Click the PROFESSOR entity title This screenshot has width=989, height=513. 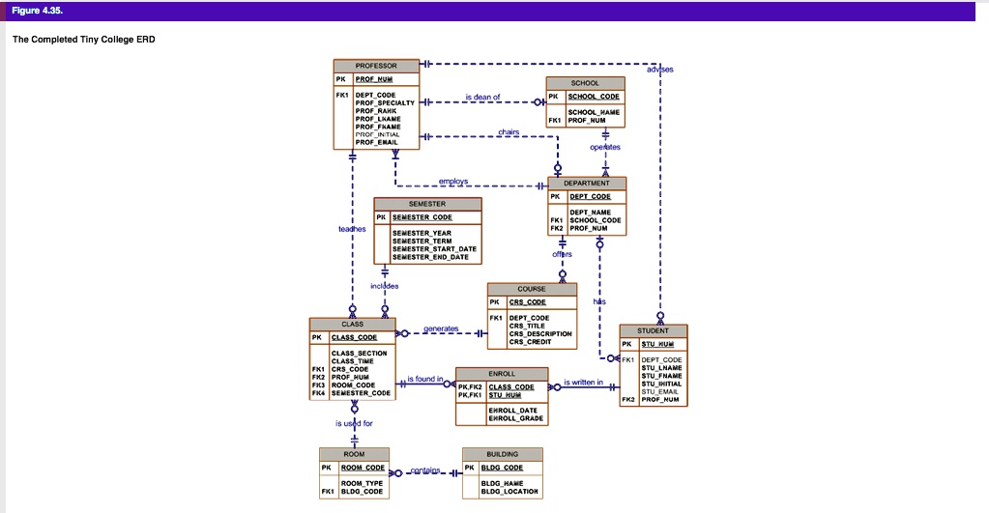[x=376, y=66]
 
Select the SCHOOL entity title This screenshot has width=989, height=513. [x=585, y=83]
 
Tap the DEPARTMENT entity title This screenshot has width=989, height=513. [x=587, y=183]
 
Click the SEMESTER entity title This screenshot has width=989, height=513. [x=427, y=204]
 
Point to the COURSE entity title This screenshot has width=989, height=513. [x=532, y=289]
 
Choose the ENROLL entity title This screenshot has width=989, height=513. [x=502, y=373]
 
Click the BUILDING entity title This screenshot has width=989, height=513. [x=503, y=454]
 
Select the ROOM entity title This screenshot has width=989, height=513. [x=354, y=454]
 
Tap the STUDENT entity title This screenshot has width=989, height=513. [x=653, y=330]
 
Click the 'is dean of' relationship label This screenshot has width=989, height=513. [x=482, y=97]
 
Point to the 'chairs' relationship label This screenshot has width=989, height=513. [x=509, y=131]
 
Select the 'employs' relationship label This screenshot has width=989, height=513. [x=452, y=181]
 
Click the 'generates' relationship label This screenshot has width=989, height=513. [x=441, y=328]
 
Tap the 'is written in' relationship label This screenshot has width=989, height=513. [x=583, y=383]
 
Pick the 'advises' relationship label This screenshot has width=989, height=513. [x=660, y=70]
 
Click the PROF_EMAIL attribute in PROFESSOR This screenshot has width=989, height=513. [x=376, y=142]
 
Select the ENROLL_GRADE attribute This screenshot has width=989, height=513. [x=516, y=418]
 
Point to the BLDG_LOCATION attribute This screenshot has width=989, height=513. [x=509, y=492]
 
